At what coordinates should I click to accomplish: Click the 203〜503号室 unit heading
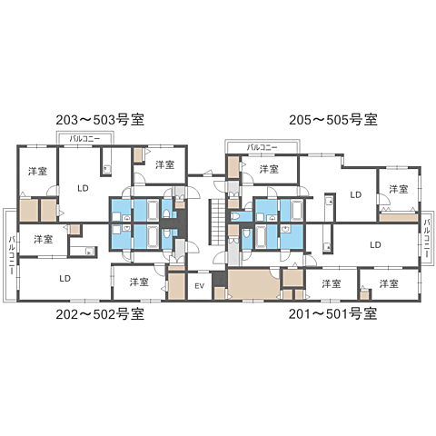101,119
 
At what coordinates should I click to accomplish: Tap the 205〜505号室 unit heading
332,119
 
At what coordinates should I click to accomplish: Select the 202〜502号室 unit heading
100,314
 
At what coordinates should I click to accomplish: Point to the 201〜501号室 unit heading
333,314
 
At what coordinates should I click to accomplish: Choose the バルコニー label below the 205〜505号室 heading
262,147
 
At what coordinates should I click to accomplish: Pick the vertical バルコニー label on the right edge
425,235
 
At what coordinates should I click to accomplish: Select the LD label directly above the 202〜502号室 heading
65,278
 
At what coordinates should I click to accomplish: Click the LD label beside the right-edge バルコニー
375,243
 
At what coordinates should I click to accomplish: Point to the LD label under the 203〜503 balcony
83,188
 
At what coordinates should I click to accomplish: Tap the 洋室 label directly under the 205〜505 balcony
269,169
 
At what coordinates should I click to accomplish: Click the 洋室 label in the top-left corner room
37,171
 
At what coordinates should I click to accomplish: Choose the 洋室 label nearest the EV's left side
138,282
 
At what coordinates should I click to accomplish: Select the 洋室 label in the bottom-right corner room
389,283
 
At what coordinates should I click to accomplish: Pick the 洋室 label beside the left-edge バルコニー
43,240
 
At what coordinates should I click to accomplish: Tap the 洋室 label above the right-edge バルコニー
400,189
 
